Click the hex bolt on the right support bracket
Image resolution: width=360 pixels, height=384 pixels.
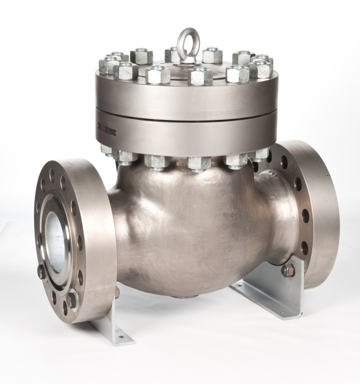click(287, 270)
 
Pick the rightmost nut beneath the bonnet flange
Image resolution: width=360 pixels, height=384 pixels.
click(259, 154)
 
